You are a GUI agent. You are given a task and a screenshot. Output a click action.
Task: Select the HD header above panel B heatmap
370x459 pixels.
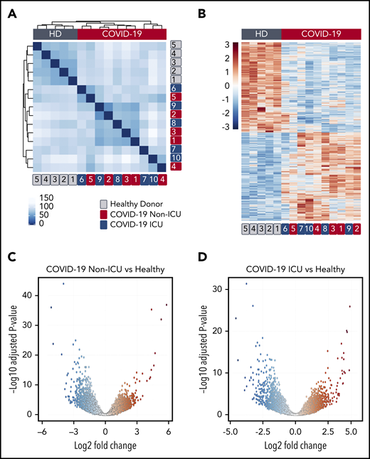coord(261,33)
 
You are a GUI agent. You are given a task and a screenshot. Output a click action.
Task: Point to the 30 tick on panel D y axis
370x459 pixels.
coord(213,288)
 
